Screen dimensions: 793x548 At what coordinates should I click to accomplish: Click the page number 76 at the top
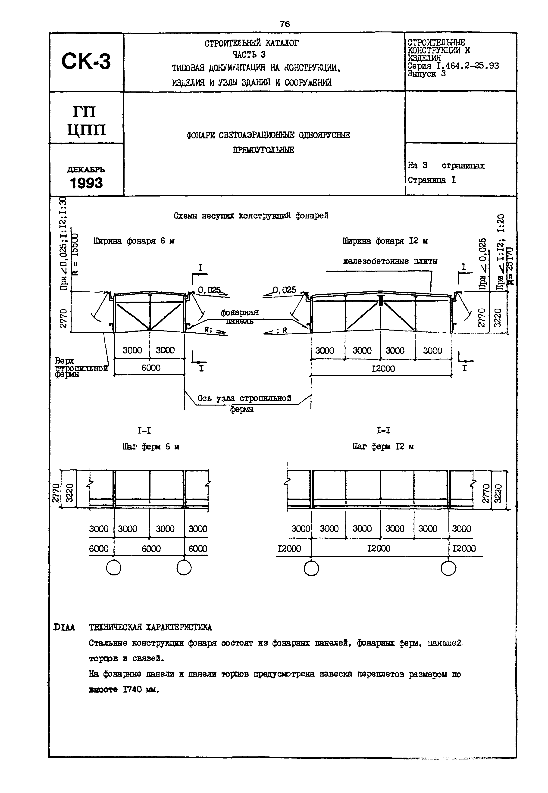(285, 24)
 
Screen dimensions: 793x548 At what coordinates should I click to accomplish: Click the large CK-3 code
(86, 61)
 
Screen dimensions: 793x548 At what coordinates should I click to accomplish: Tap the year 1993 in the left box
(86, 183)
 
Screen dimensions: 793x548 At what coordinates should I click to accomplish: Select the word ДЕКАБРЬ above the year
(86, 170)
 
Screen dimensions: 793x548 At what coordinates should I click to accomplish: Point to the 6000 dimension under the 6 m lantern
(151, 368)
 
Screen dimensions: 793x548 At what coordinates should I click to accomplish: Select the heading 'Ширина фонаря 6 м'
(134, 241)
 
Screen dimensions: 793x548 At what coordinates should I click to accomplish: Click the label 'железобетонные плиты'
(390, 261)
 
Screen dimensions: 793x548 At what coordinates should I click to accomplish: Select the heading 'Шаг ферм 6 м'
(151, 447)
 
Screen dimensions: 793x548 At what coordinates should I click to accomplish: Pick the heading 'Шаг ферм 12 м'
(383, 447)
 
